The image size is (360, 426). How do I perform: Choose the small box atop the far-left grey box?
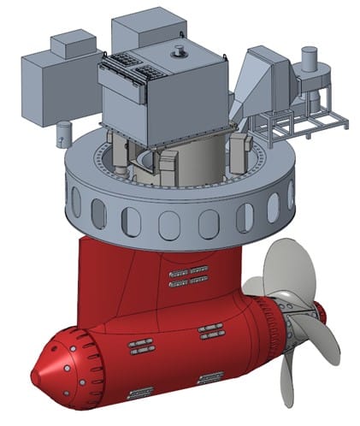(x=74, y=43)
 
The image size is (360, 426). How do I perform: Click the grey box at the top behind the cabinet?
(x=144, y=30)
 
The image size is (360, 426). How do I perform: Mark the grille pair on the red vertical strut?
(x=189, y=277)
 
